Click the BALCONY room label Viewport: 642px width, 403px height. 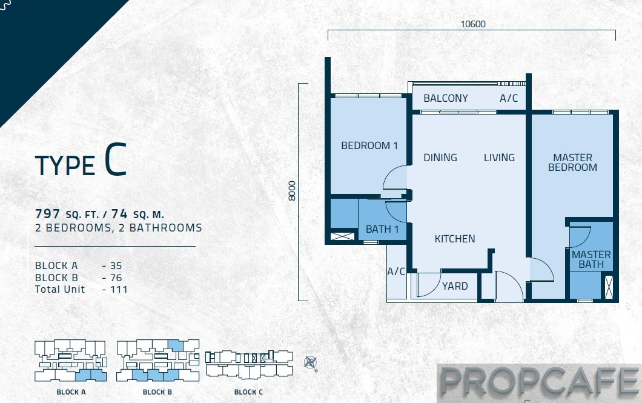[x=446, y=98]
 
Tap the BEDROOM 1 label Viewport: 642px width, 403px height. [x=369, y=145]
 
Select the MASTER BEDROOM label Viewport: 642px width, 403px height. [x=572, y=162]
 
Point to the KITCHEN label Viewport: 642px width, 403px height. [x=454, y=239]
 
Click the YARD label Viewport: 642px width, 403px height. [x=455, y=286]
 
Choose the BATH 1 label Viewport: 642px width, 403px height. [x=382, y=229]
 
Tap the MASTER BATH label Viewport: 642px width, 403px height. [x=591, y=259]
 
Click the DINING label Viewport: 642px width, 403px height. [x=440, y=158]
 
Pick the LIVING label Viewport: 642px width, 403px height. [x=499, y=158]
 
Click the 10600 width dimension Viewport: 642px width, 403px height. [x=473, y=24]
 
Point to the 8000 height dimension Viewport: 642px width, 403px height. [x=291, y=191]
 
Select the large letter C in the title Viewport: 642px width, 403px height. [x=115, y=160]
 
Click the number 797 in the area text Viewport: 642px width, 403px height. [x=47, y=214]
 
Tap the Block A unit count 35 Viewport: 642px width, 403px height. [x=116, y=266]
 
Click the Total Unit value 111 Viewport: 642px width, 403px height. [x=119, y=289]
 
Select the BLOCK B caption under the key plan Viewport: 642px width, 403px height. [x=157, y=392]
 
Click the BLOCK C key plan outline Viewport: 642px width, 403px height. [x=249, y=364]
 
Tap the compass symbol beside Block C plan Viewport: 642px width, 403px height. [x=310, y=363]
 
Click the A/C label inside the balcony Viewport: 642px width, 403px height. [x=509, y=98]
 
